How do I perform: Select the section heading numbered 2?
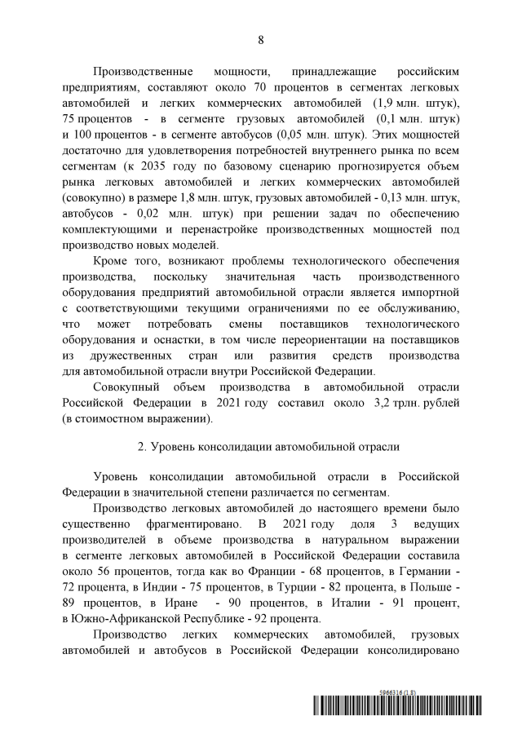click(x=260, y=446)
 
